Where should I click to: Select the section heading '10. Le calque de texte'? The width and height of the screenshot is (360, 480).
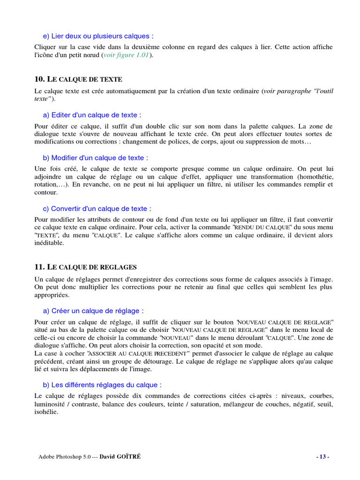[x=78, y=79]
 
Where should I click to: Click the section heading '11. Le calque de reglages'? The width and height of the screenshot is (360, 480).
[x=86, y=267]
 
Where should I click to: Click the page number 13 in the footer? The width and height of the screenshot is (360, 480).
[x=323, y=457]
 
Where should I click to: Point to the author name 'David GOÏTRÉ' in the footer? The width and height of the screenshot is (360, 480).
[x=120, y=457]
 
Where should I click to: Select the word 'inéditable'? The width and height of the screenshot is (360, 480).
[x=49, y=243]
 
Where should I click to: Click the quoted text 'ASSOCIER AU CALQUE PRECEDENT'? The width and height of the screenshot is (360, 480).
[x=136, y=353]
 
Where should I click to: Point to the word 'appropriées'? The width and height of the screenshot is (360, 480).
[x=52, y=295]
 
